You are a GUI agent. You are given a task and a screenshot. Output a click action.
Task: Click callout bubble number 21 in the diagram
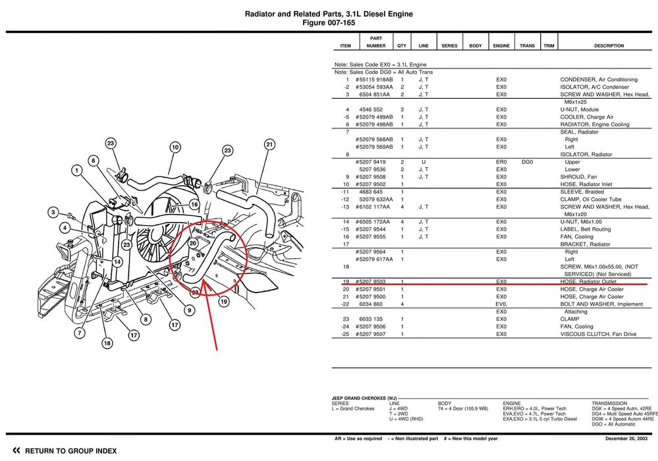pos(269,144)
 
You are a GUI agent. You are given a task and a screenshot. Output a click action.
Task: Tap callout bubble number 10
pos(175,148)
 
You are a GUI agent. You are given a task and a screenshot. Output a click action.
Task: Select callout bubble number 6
pos(94,160)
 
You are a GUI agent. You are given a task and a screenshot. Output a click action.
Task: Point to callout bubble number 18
pos(107,343)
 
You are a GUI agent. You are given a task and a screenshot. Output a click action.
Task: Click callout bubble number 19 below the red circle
pos(223,302)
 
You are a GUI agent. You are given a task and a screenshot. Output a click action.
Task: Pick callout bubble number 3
pos(53,212)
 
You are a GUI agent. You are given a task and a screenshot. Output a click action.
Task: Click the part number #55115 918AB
pos(374,80)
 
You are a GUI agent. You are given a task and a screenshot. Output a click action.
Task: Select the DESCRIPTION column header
pos(609,46)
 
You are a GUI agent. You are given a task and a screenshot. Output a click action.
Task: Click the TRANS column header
pos(527,46)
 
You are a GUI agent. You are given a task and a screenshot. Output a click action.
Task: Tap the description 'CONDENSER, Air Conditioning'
pos(599,80)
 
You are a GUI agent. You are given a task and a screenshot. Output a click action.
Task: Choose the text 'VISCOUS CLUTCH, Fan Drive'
pos(598,335)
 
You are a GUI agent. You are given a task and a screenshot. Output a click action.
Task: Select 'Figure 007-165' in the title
pos(328,22)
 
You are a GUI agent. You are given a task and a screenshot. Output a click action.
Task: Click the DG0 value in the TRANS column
pos(527,162)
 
